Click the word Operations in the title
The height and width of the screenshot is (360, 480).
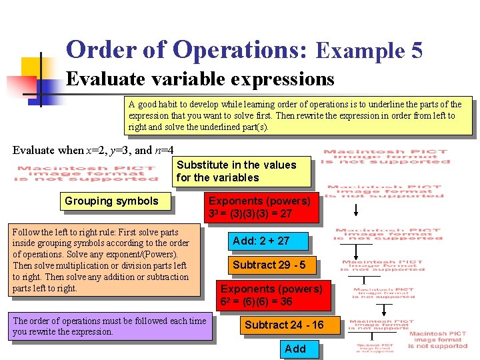pos(241,51)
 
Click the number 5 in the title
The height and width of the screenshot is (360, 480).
pos(416,51)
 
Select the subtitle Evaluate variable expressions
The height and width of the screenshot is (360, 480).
pos(200,79)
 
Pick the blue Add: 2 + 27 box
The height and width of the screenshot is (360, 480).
pos(261,241)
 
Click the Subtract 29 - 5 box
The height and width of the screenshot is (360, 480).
pos(269,265)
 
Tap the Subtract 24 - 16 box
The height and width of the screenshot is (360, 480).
pos(284,325)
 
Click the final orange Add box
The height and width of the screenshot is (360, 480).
pos(295,349)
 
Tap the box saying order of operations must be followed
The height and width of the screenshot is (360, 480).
pos(110,326)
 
